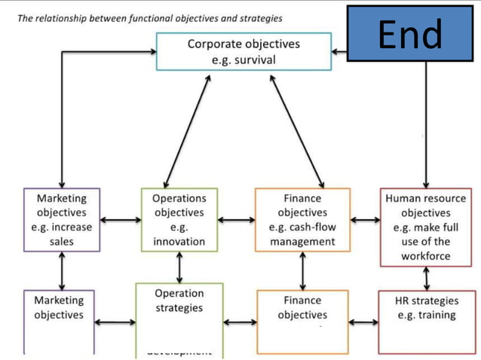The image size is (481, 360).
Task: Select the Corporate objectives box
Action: point(243,51)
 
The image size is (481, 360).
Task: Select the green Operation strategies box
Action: point(179,316)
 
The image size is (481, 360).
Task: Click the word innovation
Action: point(179,242)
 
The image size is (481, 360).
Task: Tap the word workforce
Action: point(427,256)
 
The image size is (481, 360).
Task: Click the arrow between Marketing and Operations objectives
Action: point(119,221)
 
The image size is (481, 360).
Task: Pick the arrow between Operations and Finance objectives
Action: point(236,221)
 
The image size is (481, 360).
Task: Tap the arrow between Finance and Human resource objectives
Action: point(365,221)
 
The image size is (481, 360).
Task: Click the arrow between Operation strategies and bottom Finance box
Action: point(240,323)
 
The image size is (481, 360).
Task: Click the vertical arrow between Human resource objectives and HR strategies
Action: point(427,279)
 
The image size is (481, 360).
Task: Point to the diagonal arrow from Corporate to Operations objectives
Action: point(186,128)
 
